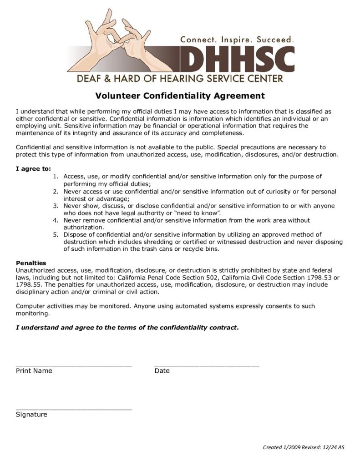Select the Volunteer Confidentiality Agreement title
[x=180, y=96]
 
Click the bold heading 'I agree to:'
[x=33, y=168]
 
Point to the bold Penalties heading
[x=31, y=263]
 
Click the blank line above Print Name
[x=74, y=365]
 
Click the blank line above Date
[x=207, y=365]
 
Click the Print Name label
[x=34, y=371]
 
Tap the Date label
[x=162, y=371]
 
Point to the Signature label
[x=31, y=415]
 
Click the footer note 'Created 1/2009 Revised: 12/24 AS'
[x=304, y=447]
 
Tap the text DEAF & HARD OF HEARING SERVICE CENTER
[x=180, y=78]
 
